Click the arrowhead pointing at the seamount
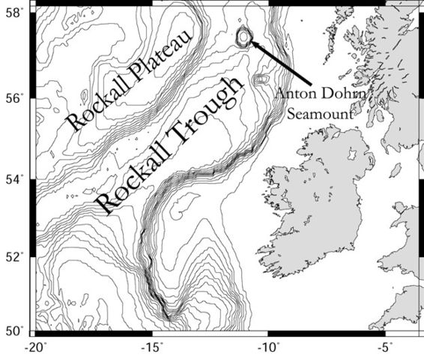click(254, 43)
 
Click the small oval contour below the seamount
click(260, 79)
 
